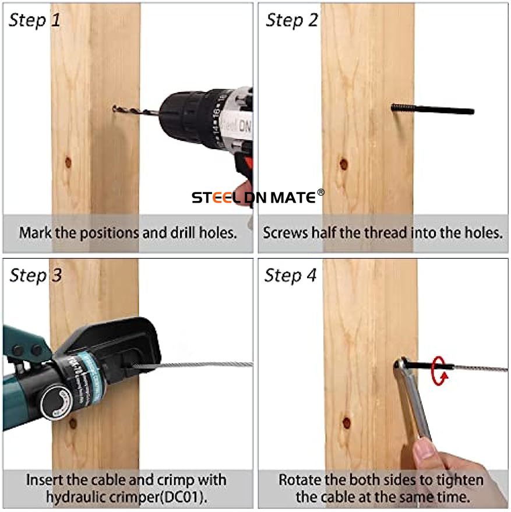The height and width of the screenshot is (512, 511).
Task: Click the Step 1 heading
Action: pos(34,20)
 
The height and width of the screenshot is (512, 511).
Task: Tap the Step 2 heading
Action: pos(292,20)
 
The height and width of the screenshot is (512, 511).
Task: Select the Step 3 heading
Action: pos(36,276)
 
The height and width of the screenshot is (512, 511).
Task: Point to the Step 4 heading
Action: pos(290,276)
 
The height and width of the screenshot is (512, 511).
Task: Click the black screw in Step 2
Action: pos(432,109)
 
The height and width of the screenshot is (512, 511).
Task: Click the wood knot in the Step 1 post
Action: pos(68,161)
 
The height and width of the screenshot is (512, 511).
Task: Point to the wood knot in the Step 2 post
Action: pos(343,164)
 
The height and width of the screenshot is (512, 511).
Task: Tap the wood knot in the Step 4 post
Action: pos(347,423)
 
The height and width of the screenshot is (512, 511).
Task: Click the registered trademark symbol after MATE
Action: pos(321,192)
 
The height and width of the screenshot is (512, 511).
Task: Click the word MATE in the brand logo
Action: pos(293,197)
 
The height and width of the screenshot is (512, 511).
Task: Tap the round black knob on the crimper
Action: pos(57,402)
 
